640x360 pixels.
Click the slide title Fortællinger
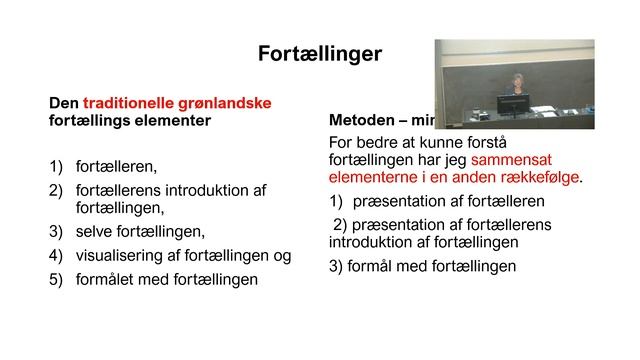[320, 53]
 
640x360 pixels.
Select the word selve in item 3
[95, 233]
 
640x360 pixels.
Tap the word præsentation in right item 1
[407, 201]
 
